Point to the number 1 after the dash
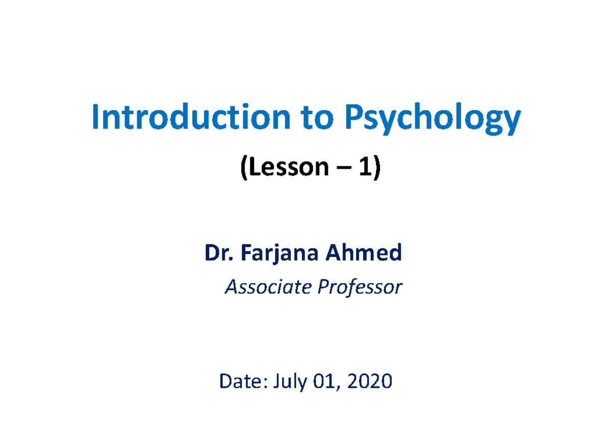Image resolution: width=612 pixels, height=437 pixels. (x=364, y=167)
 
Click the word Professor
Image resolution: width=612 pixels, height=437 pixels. (x=360, y=288)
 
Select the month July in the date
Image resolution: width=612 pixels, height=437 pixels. (x=290, y=382)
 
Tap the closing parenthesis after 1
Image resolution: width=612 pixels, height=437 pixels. (x=376, y=167)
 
